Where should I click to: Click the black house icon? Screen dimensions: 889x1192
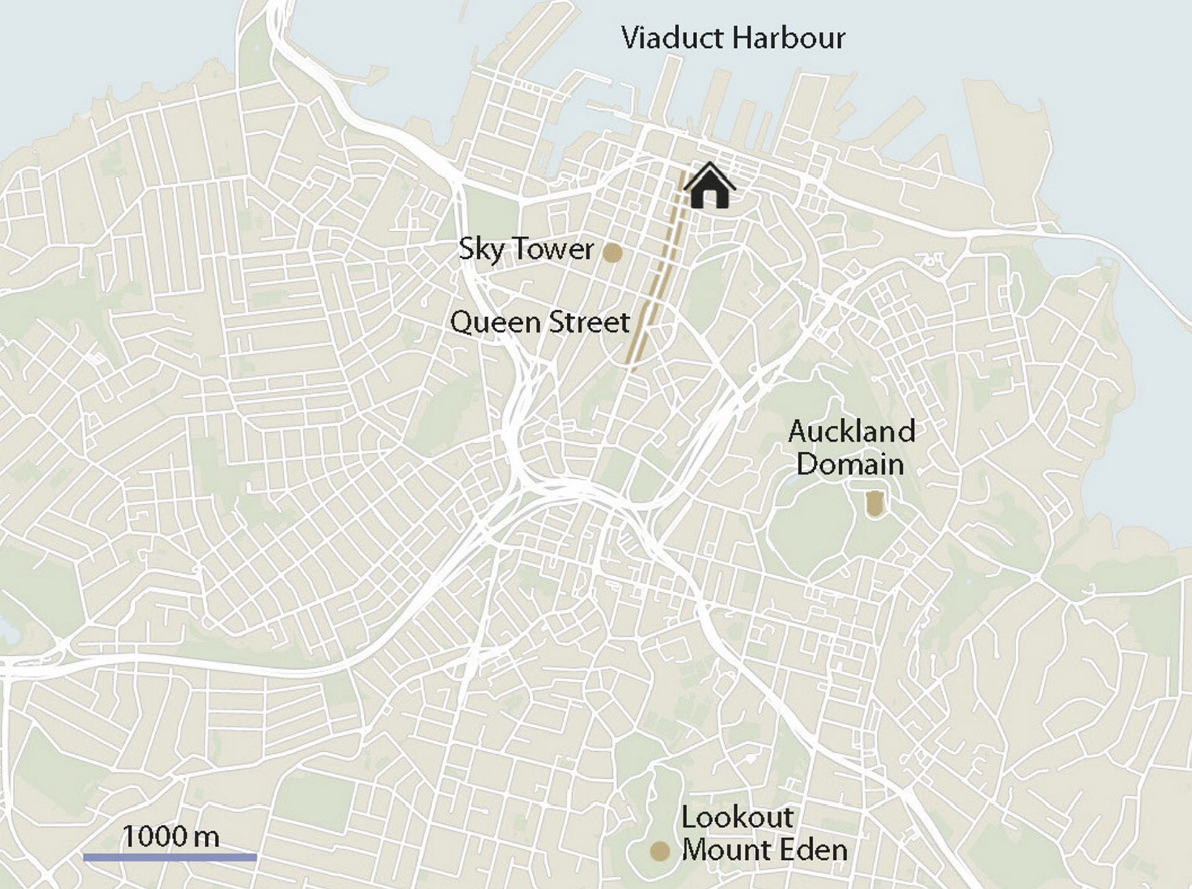[x=710, y=187]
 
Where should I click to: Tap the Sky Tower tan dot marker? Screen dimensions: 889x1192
[x=612, y=253]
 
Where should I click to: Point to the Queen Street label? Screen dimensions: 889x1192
[x=540, y=323]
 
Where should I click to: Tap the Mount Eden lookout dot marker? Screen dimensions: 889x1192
[x=659, y=851]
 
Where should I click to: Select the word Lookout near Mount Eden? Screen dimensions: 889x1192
[x=737, y=818]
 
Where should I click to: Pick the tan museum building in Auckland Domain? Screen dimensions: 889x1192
[x=875, y=503]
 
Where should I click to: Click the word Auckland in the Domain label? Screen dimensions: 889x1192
[x=851, y=431]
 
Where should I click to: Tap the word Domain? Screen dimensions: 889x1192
[x=850, y=464]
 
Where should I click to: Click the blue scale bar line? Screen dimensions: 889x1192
[x=170, y=857]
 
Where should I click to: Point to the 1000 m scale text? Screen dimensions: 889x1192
[x=171, y=836]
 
